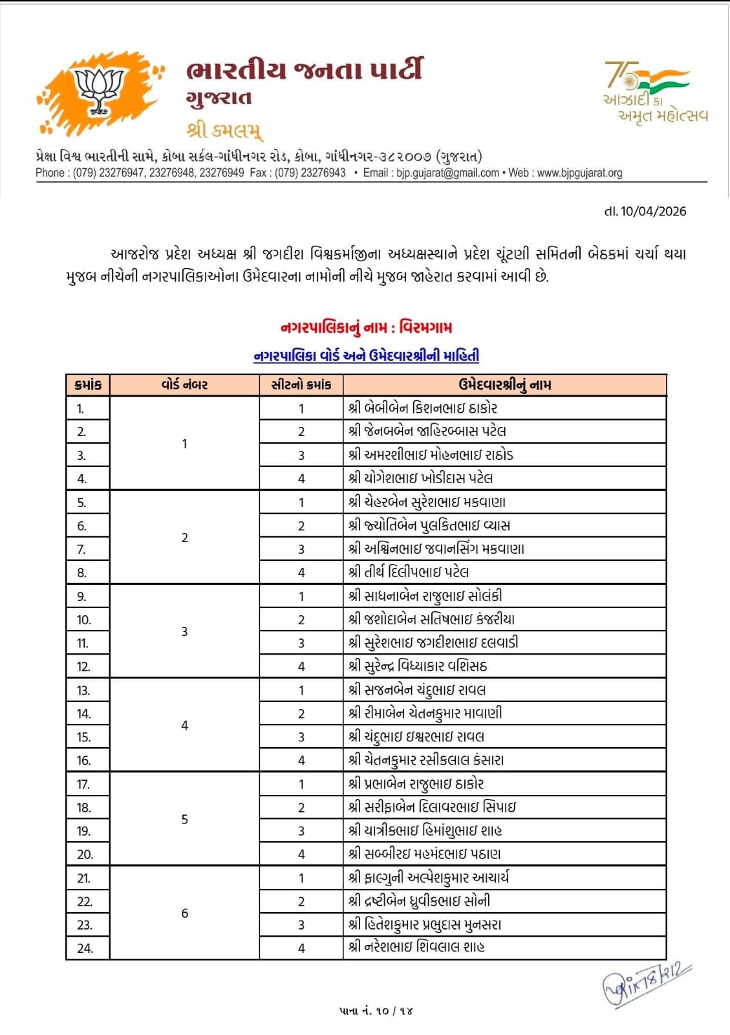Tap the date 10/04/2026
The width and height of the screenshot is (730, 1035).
click(645, 212)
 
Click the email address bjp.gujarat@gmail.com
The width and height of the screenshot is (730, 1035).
click(448, 173)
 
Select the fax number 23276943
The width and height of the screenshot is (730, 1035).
click(323, 173)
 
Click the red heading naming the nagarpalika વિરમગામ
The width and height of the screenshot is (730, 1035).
click(366, 327)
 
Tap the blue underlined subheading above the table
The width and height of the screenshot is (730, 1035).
click(366, 355)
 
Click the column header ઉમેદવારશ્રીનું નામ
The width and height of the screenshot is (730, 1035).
click(504, 385)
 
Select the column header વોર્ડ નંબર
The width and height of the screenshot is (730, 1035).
click(184, 385)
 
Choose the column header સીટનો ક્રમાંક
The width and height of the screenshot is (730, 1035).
click(301, 385)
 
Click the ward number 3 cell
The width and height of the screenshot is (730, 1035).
click(184, 631)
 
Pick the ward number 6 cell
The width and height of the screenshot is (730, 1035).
click(184, 913)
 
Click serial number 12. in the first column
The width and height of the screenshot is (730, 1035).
click(83, 667)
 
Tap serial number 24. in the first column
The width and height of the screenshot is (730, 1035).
click(85, 948)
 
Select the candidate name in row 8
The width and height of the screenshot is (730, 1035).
click(409, 572)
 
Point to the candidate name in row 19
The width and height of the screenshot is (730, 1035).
click(425, 831)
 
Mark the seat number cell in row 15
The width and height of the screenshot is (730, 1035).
click(301, 737)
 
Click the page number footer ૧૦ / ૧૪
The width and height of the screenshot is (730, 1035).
click(376, 1010)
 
